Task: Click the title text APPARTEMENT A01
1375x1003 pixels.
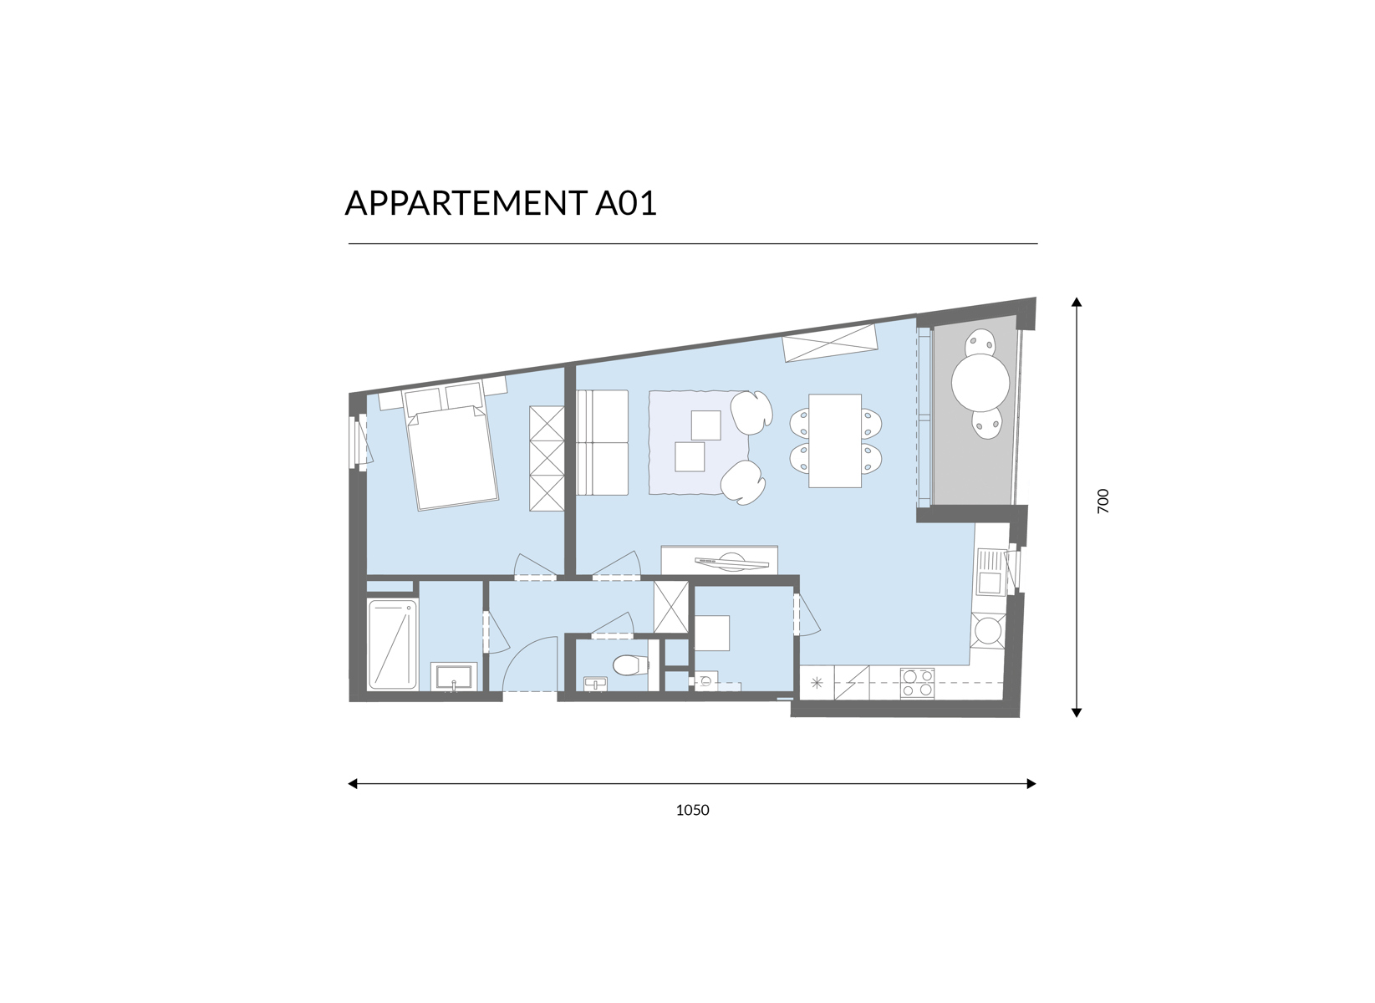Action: pyautogui.click(x=501, y=202)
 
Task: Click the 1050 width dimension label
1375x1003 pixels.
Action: pyautogui.click(x=692, y=810)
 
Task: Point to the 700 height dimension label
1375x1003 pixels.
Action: pyautogui.click(x=1103, y=501)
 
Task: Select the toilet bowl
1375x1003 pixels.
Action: pyautogui.click(x=630, y=664)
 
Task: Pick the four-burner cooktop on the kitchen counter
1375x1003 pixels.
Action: pyautogui.click(x=917, y=683)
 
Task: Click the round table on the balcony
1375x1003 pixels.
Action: pyautogui.click(x=980, y=382)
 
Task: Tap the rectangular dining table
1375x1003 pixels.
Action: pyautogui.click(x=835, y=440)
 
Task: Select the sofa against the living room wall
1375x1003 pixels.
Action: pyautogui.click(x=602, y=442)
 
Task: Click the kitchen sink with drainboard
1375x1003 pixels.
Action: pyautogui.click(x=989, y=572)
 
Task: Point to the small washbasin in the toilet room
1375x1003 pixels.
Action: pyautogui.click(x=595, y=684)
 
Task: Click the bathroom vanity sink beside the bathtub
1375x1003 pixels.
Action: pyautogui.click(x=454, y=677)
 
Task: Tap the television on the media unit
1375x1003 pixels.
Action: pyautogui.click(x=731, y=561)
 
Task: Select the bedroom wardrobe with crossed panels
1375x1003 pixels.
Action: pyautogui.click(x=547, y=459)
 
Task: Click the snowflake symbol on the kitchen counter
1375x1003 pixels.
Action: pyautogui.click(x=817, y=683)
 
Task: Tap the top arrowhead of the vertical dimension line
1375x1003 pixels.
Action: pyautogui.click(x=1076, y=302)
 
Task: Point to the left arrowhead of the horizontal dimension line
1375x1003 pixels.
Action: pyautogui.click(x=353, y=783)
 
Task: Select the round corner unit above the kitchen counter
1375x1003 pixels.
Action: pyautogui.click(x=988, y=630)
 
